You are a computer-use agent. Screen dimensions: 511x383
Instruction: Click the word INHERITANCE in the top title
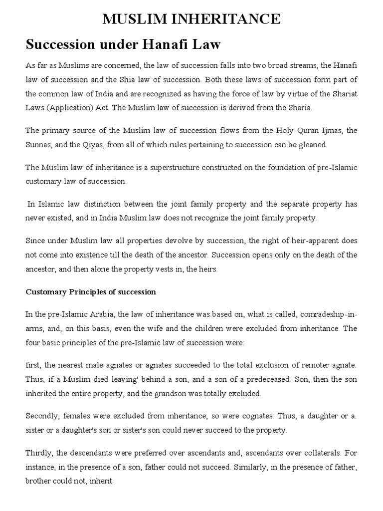227,19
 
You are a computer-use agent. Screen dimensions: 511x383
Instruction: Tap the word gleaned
312,144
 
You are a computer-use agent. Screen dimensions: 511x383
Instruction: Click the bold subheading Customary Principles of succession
91,292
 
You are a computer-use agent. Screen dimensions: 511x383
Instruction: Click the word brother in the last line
38,482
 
